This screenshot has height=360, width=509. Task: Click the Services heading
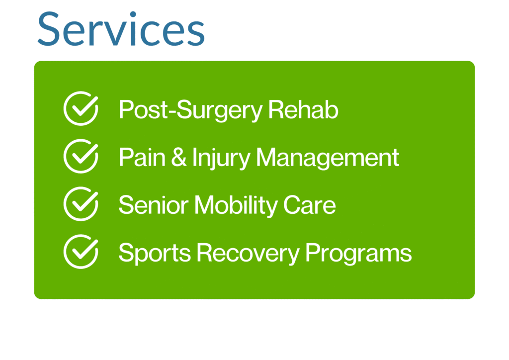coord(121,28)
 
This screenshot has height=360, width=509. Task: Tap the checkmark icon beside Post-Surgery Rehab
coord(81,108)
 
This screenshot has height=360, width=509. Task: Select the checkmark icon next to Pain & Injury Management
coord(81,156)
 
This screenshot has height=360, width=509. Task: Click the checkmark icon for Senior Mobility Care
coord(81,204)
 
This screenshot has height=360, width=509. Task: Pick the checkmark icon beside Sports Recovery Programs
coord(81,252)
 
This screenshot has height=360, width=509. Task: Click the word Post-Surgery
coord(190,110)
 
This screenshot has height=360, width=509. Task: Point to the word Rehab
coord(303,109)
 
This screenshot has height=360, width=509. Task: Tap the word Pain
coord(142,157)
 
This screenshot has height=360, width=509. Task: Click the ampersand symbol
coord(179,157)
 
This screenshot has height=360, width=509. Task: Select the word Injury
coord(221,158)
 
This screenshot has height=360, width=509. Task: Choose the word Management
coord(328,158)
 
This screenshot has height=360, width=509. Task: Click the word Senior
coord(154,205)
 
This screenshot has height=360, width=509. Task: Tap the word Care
coord(310,205)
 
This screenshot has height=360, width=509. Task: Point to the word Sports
coord(155,254)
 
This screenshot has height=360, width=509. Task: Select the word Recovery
coord(249,254)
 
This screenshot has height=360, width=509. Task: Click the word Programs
coord(359,254)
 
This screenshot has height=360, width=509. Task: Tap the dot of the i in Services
coord(133,14)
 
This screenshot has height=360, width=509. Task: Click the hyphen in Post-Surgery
coord(172,111)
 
